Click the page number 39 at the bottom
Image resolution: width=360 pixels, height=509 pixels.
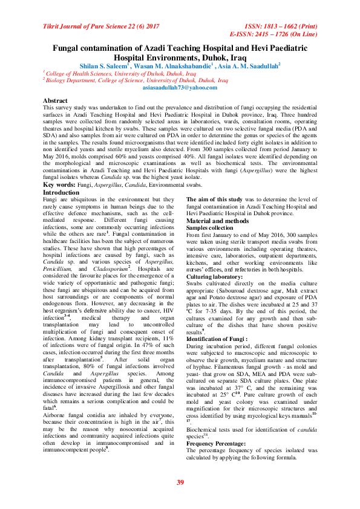click(180, 481)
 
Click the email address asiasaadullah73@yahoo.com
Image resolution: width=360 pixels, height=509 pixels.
click(180, 88)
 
